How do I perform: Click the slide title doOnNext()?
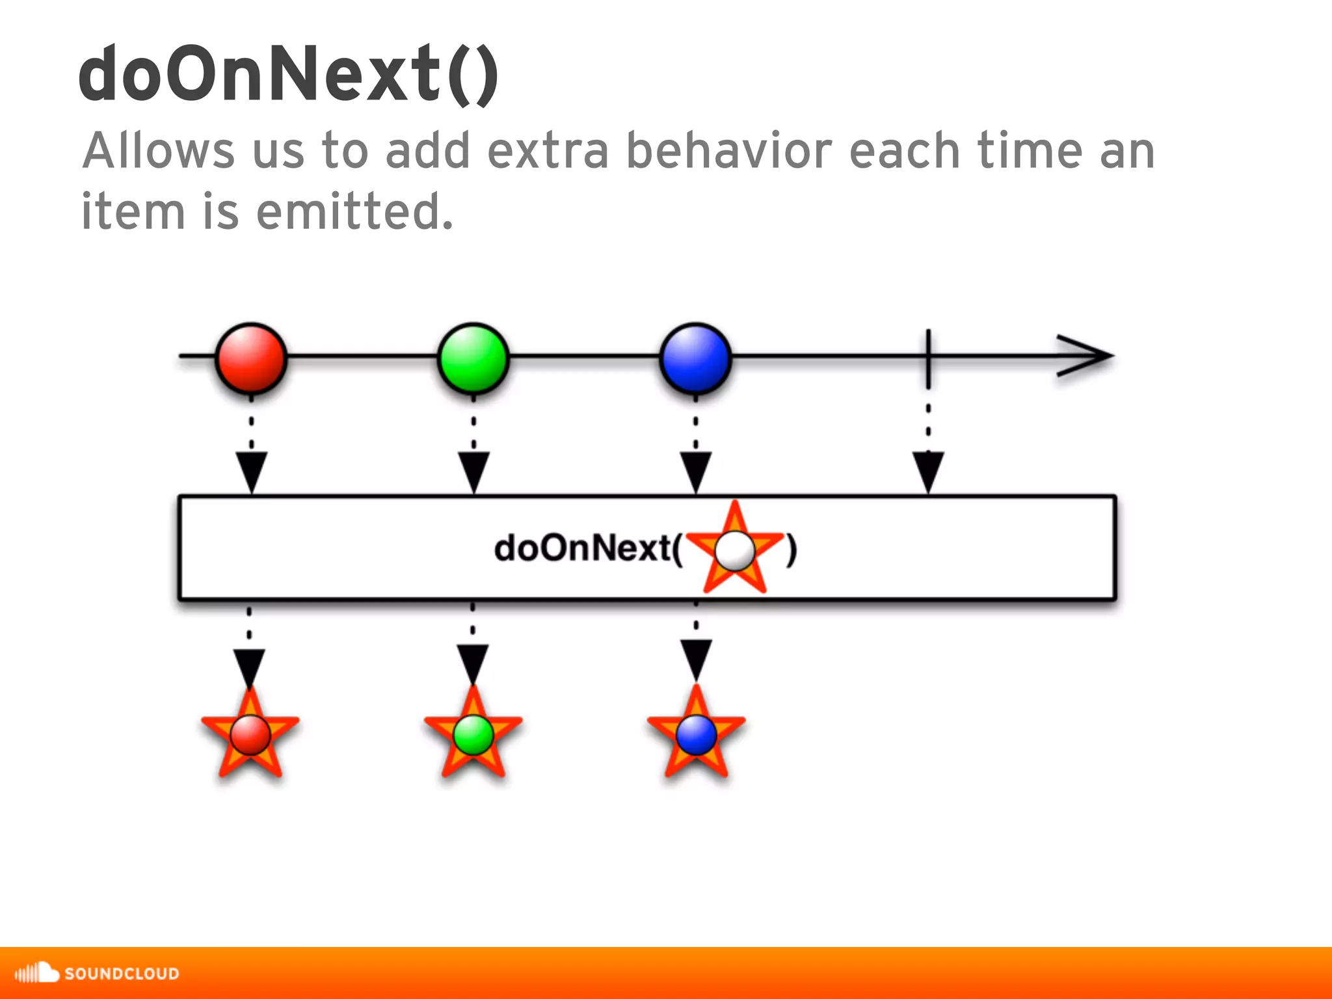click(x=289, y=73)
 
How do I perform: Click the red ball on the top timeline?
click(x=251, y=358)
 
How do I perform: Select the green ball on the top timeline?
click(x=473, y=358)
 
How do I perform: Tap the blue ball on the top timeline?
click(x=696, y=358)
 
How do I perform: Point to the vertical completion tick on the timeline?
click(x=928, y=358)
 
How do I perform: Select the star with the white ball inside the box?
click(x=735, y=550)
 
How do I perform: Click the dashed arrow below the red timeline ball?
click(x=251, y=455)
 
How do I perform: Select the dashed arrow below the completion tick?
click(x=928, y=455)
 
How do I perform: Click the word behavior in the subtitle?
click(x=728, y=150)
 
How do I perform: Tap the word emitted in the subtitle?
click(x=354, y=211)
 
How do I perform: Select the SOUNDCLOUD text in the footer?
click(x=122, y=974)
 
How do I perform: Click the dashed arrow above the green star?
click(x=473, y=650)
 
